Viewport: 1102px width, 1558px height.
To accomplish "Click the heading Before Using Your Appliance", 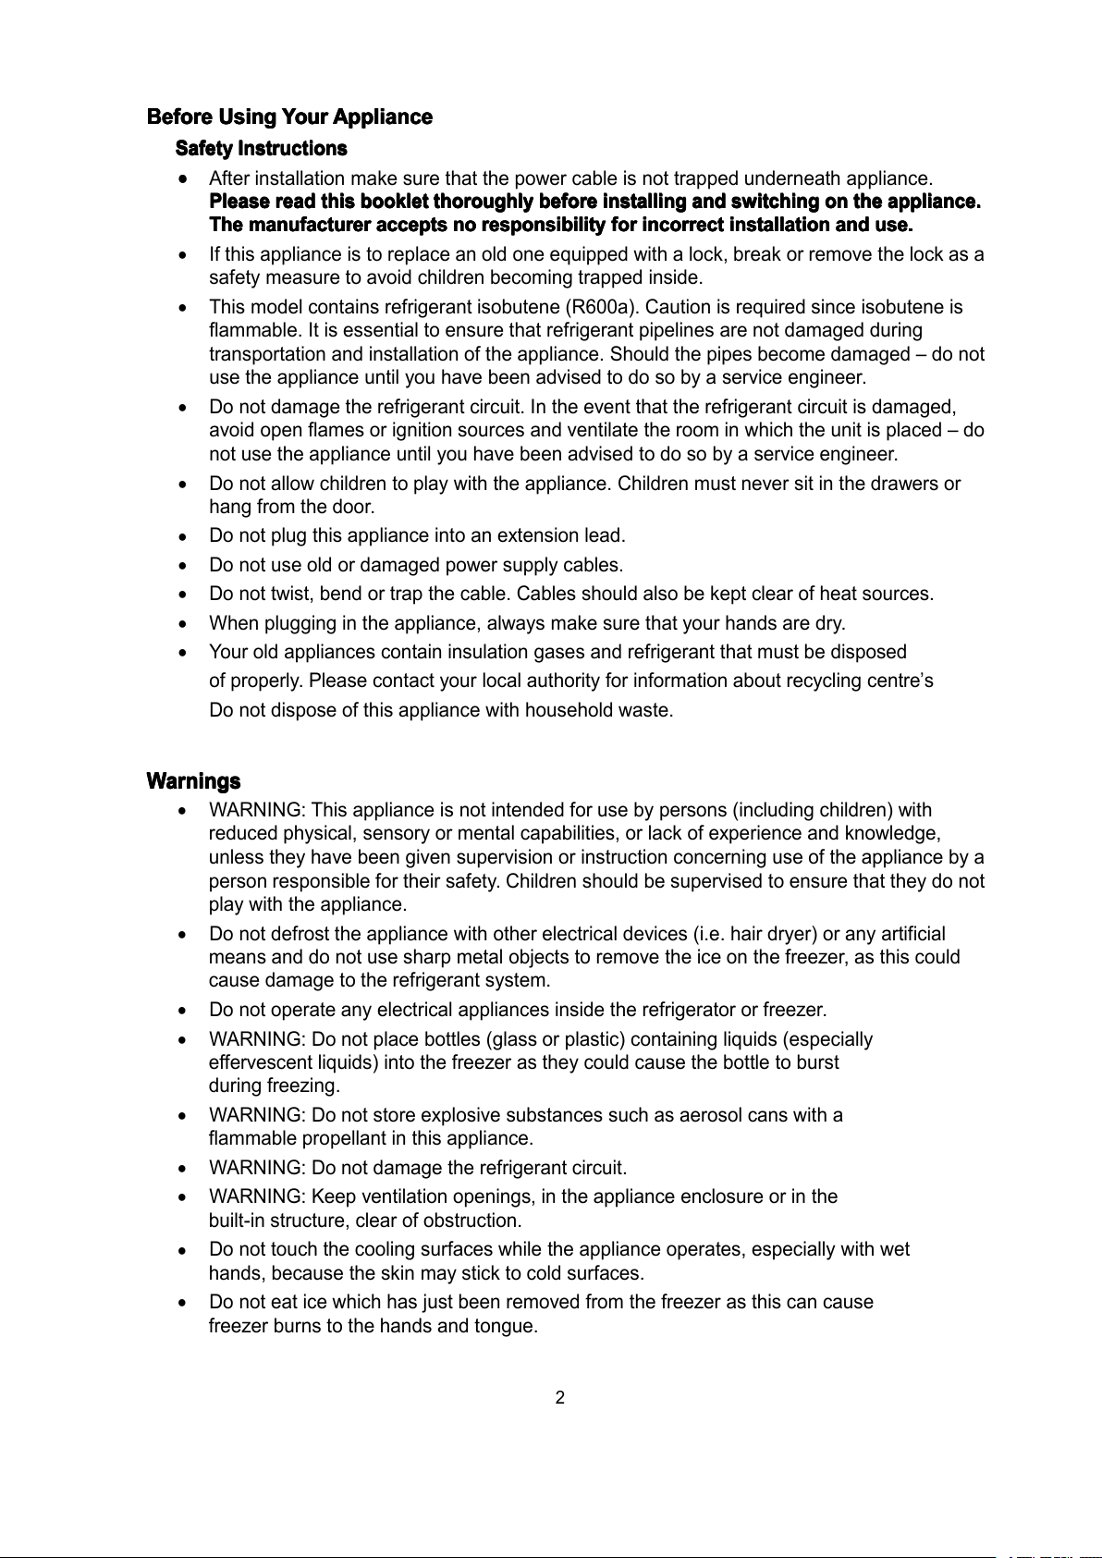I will (289, 117).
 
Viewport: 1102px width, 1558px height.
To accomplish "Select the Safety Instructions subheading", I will (262, 149).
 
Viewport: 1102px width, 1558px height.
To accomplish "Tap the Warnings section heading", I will (194, 781).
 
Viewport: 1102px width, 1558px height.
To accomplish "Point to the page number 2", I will (559, 1397).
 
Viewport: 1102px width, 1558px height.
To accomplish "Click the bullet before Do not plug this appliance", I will (186, 535).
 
